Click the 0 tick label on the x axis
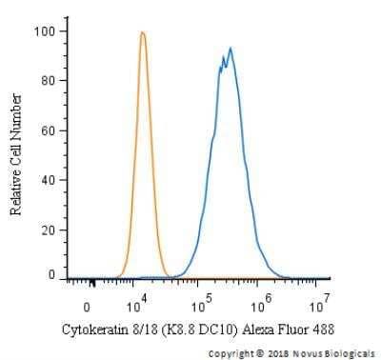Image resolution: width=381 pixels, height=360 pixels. tap(87, 308)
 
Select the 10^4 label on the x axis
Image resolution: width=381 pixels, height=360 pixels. tap(137, 306)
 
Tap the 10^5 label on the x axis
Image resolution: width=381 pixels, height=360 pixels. tap(200, 306)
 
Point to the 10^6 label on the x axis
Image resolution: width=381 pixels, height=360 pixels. tap(259, 306)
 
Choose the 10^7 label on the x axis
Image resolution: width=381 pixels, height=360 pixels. tap(321, 306)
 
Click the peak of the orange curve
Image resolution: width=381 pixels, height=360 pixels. tap(142, 32)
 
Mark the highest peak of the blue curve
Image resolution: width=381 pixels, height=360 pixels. tap(231, 48)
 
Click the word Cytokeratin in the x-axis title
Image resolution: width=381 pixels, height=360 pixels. tap(93, 330)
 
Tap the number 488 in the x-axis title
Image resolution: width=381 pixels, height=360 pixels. tap(321, 330)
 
